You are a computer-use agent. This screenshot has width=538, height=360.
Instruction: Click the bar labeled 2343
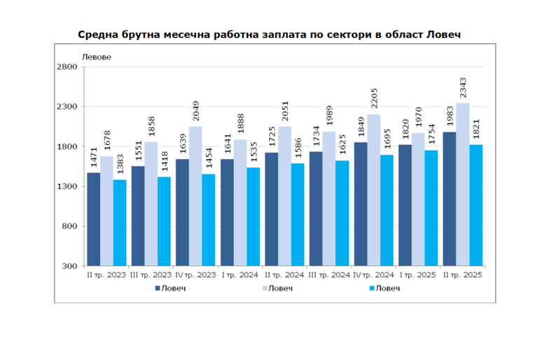[462, 185]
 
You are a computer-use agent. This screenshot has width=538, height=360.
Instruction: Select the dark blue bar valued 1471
[93, 219]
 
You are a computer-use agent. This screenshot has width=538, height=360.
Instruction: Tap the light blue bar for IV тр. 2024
[374, 191]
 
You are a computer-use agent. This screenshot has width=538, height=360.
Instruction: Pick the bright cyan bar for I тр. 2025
[432, 208]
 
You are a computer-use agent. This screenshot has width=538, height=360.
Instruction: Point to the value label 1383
[120, 165]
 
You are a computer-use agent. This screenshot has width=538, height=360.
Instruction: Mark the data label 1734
[317, 137]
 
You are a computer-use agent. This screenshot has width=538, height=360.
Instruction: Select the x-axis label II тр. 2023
[106, 275]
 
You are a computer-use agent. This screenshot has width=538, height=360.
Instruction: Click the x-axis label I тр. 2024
[240, 275]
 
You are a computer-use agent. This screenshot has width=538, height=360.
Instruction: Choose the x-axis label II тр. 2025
[463, 275]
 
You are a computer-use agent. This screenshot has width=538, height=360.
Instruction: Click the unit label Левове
[97, 57]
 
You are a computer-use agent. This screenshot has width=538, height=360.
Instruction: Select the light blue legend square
[266, 288]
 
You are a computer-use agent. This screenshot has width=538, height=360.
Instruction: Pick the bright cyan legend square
[371, 288]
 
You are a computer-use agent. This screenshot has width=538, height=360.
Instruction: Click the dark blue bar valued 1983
[449, 199]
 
